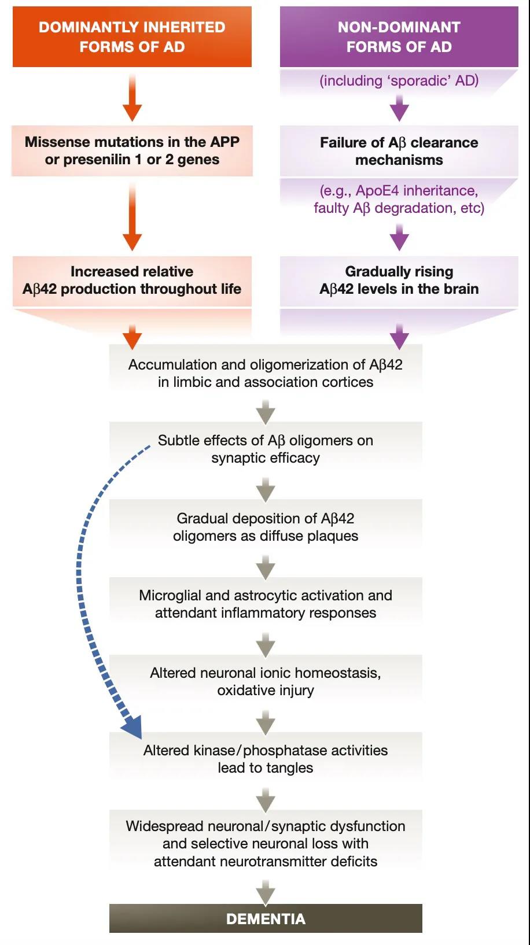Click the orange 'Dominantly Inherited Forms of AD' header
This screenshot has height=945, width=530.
tap(132, 36)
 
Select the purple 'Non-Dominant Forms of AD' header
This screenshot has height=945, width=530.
tap(399, 36)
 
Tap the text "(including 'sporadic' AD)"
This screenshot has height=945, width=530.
tap(399, 80)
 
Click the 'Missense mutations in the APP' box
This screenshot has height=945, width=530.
tap(132, 150)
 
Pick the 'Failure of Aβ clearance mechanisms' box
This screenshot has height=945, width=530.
tap(399, 150)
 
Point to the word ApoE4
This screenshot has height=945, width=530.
tap(377, 191)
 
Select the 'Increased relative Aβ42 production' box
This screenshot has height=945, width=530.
tap(132, 280)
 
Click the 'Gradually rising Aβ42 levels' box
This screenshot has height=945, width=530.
tap(399, 280)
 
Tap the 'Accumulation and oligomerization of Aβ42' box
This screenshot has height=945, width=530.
tap(266, 373)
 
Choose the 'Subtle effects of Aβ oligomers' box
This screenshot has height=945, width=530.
tap(266, 449)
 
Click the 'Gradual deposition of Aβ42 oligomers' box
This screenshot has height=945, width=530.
tap(266, 527)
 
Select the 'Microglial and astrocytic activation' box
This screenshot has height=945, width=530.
tap(266, 604)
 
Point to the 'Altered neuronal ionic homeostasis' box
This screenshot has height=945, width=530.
tap(266, 681)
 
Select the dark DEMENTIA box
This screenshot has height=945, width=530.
tap(266, 919)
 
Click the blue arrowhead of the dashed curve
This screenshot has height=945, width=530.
tap(132, 726)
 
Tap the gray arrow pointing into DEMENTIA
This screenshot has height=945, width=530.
tap(266, 892)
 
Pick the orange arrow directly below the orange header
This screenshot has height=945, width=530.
tap(132, 98)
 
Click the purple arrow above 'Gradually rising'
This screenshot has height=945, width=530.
tap(399, 237)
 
